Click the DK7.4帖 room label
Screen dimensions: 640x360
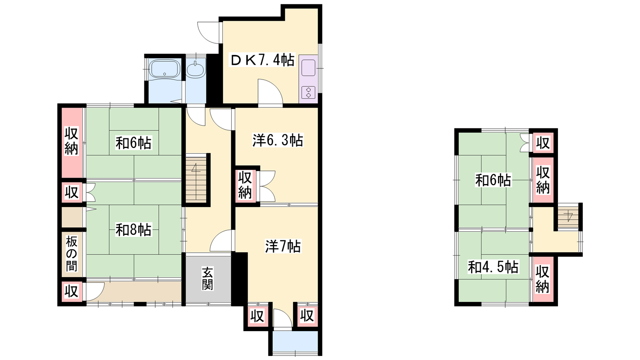pos(262,60)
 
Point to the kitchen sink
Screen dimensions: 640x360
pos(308,68)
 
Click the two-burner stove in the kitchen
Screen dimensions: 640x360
pos(308,92)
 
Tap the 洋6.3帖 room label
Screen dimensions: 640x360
pos(278,140)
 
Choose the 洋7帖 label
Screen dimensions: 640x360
pos(283,246)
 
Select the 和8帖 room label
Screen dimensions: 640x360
pos(134,230)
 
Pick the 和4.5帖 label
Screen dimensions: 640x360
pos(493,267)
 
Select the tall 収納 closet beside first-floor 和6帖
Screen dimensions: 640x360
pos(72,142)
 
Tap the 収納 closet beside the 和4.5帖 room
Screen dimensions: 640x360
pos(542,279)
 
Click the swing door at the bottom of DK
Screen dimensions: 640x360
pos(270,92)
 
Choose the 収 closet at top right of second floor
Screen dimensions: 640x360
pos(543,142)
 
